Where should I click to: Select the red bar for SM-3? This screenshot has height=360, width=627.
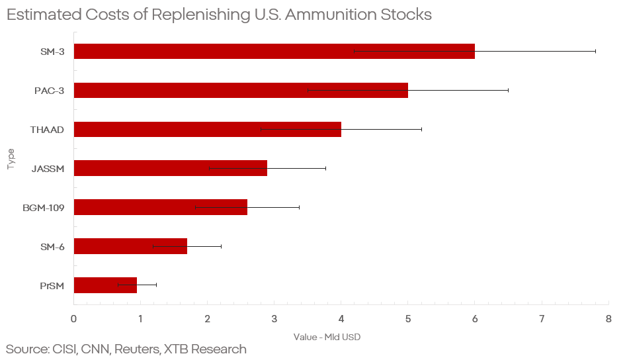click(274, 52)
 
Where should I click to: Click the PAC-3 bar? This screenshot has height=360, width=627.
click(241, 90)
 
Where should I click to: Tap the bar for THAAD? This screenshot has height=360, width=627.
click(207, 129)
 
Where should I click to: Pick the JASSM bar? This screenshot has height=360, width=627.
click(170, 168)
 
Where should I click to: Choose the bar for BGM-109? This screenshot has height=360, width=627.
click(160, 207)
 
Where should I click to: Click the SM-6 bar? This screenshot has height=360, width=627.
click(130, 246)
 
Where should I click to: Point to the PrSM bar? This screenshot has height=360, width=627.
click(105, 285)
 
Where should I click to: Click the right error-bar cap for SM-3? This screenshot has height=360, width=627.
click(595, 52)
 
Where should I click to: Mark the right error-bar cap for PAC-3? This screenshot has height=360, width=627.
click(508, 90)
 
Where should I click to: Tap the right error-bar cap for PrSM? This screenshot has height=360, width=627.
click(156, 285)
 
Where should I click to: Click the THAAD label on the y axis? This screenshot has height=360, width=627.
click(47, 130)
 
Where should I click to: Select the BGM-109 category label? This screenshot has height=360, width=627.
click(44, 208)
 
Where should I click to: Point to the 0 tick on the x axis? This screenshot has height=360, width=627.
click(73, 318)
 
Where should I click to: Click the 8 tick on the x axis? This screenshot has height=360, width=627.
click(608, 318)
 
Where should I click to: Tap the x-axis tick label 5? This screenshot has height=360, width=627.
click(408, 318)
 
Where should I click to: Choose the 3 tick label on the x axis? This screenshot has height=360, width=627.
click(274, 318)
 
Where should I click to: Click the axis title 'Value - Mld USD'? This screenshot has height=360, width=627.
click(327, 337)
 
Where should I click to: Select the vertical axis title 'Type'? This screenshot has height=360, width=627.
click(11, 159)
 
